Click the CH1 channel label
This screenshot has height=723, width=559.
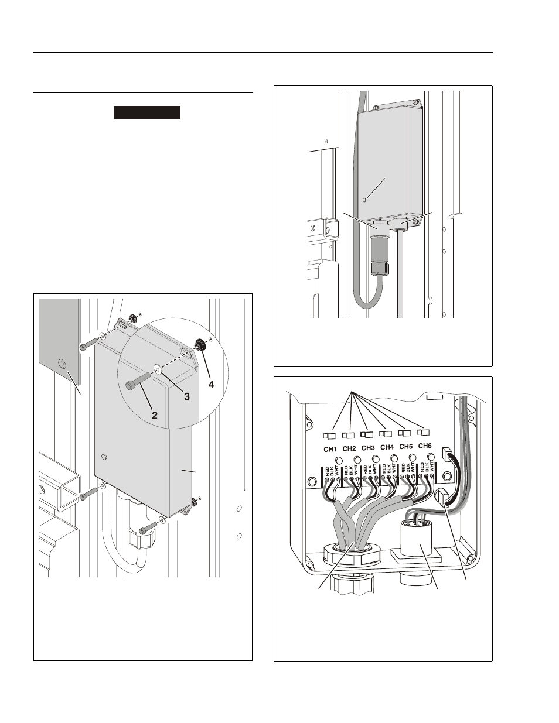330,448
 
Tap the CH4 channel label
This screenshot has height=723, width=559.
387,447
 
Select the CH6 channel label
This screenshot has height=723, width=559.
425,446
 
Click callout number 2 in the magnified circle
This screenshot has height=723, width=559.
155,416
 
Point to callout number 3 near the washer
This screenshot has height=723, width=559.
186,396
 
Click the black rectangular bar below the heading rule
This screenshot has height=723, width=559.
146,112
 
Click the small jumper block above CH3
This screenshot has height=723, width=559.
367,435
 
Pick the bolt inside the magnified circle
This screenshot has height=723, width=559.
137,381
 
